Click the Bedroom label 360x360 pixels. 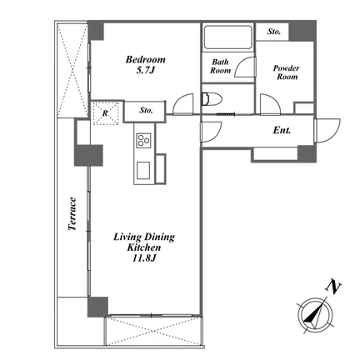pyautogui.click(x=145, y=60)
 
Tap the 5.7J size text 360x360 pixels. pyautogui.click(x=145, y=70)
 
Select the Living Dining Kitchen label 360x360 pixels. pyautogui.click(x=144, y=242)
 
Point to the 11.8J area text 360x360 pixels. pyautogui.click(x=144, y=258)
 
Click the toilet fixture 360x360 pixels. pyautogui.click(x=212, y=99)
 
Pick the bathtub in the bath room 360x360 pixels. pyautogui.click(x=227, y=37)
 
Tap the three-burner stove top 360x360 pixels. pyautogui.click(x=143, y=140)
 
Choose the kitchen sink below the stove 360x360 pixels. pyautogui.click(x=143, y=171)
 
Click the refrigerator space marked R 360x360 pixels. pyautogui.click(x=106, y=113)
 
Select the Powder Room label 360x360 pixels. pyautogui.click(x=287, y=72)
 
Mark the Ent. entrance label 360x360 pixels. pyautogui.click(x=282, y=130)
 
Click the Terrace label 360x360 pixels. pyautogui.click(x=72, y=213)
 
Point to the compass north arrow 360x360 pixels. pyautogui.click(x=315, y=316)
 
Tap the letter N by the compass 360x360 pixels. pyautogui.click(x=333, y=287)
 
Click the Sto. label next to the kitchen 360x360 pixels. pyautogui.click(x=146, y=110)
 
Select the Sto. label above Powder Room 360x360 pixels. pyautogui.click(x=274, y=32)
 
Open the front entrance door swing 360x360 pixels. pyautogui.click(x=327, y=131)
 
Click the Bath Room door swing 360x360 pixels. pyautogui.click(x=244, y=67)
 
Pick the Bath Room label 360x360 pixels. pyautogui.click(x=220, y=66)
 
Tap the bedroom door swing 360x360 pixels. pyautogui.click(x=182, y=104)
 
